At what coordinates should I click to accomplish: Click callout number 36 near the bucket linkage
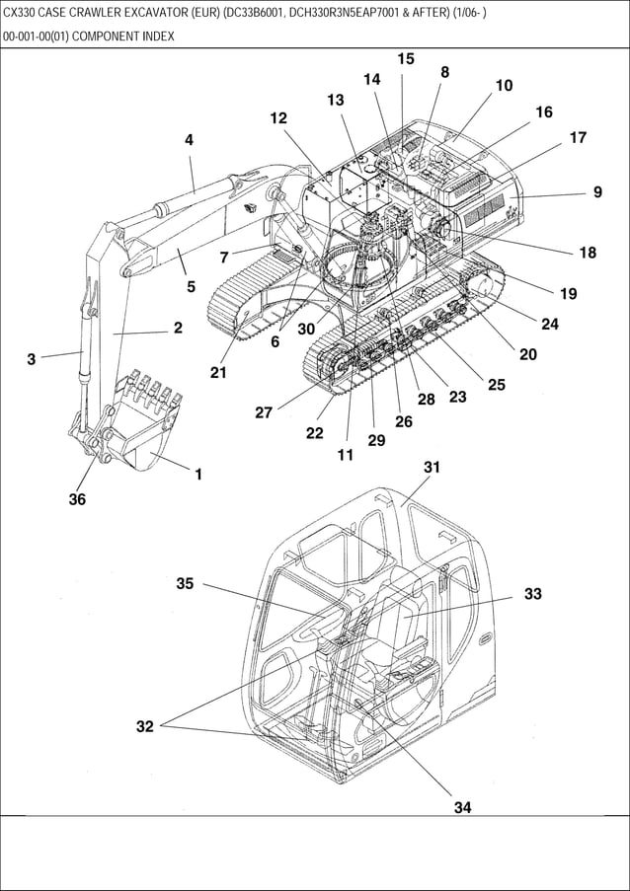pyautogui.click(x=77, y=499)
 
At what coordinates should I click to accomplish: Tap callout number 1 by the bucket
pyautogui.click(x=198, y=474)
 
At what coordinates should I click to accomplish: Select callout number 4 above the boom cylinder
pyautogui.click(x=189, y=140)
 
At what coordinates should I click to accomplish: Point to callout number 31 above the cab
pyautogui.click(x=432, y=467)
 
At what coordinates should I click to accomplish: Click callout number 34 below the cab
pyautogui.click(x=462, y=807)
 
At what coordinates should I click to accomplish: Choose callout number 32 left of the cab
pyautogui.click(x=145, y=727)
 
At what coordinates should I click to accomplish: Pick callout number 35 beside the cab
pyautogui.click(x=185, y=583)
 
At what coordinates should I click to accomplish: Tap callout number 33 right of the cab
pyautogui.click(x=533, y=594)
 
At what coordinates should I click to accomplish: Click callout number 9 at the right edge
pyautogui.click(x=597, y=192)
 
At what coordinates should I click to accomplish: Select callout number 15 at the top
pyautogui.click(x=406, y=59)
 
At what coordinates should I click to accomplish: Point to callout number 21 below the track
pyautogui.click(x=218, y=372)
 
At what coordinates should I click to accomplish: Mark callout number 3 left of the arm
pyautogui.click(x=32, y=359)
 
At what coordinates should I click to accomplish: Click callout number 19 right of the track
pyautogui.click(x=568, y=293)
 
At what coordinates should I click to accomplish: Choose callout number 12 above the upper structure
pyautogui.click(x=278, y=118)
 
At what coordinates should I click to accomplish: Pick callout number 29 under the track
pyautogui.click(x=376, y=440)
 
